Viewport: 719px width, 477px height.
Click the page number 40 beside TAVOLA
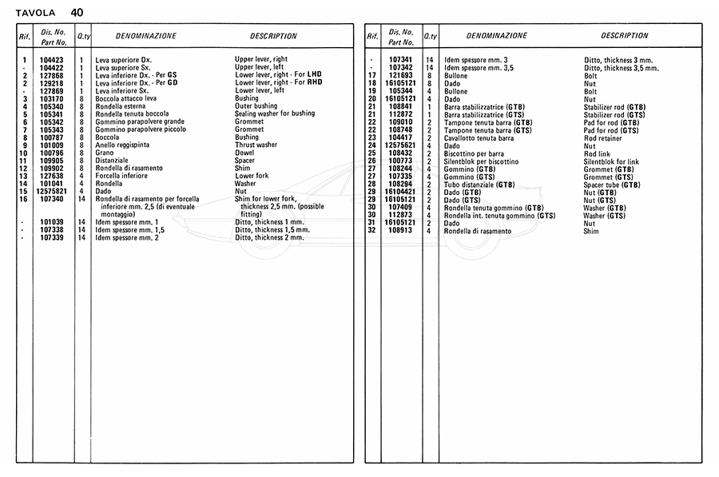click(x=76, y=12)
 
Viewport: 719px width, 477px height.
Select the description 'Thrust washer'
click(x=256, y=145)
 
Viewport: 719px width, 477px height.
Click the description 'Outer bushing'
click(x=256, y=106)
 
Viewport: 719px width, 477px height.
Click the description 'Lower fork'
click(x=252, y=176)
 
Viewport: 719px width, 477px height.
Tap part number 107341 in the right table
click(x=400, y=60)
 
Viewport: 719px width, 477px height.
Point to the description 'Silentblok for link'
click(x=612, y=161)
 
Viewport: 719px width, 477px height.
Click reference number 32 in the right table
click(x=371, y=231)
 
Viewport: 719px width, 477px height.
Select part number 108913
click(x=400, y=231)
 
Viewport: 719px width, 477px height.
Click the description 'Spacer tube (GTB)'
click(x=612, y=185)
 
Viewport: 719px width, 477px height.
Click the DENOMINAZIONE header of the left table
click(x=146, y=37)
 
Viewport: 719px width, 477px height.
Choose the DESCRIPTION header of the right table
click(x=624, y=36)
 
